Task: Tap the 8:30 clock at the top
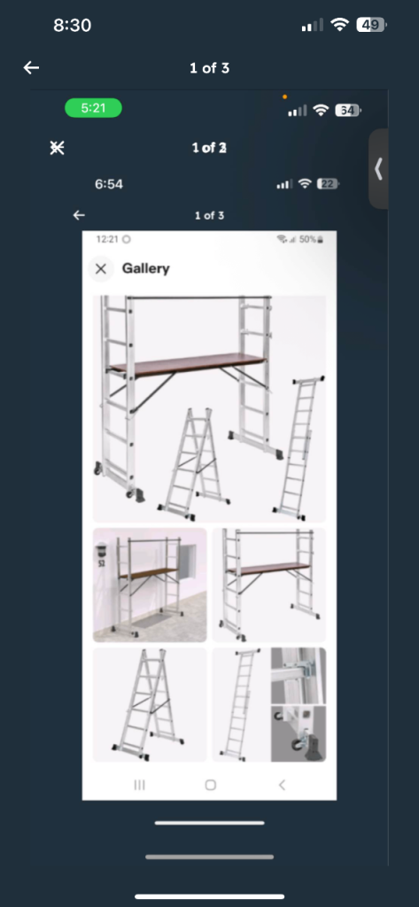point(73,26)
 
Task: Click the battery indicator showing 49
point(371,25)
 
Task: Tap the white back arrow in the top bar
point(31,68)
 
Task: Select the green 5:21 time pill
point(93,108)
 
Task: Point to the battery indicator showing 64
point(348,110)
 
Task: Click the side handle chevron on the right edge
point(378,169)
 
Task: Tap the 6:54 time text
point(109,184)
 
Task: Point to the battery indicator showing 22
point(328,184)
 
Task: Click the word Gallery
point(145,268)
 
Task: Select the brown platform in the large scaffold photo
point(188,364)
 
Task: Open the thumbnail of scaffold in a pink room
point(150,585)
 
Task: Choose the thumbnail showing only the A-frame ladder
point(150,704)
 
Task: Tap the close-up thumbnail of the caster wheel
point(299,734)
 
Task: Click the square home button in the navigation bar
point(211,785)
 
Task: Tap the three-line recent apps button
point(139,785)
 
